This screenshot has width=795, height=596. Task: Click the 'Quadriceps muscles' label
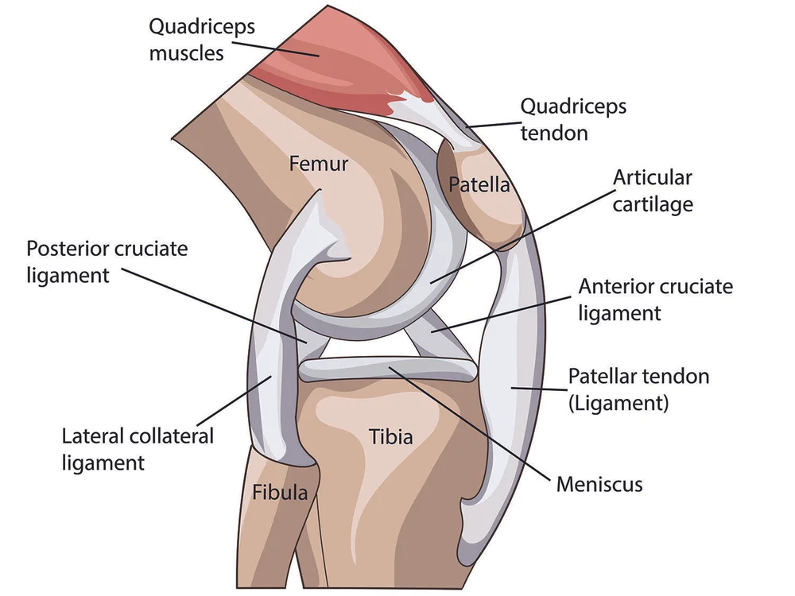coord(202,40)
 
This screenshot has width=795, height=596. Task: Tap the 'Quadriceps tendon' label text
coord(572,118)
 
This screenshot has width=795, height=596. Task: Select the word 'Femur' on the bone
coord(319,164)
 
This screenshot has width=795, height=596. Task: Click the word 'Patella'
coord(479,185)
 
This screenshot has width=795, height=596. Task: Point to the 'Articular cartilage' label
coord(652,190)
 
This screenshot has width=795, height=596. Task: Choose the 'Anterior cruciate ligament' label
coord(655,299)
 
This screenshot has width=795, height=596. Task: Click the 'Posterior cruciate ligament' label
coord(107,261)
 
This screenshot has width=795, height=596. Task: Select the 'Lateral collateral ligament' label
coord(138,448)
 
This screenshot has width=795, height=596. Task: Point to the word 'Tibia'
coord(391,435)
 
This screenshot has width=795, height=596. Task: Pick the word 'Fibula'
coord(280,492)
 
